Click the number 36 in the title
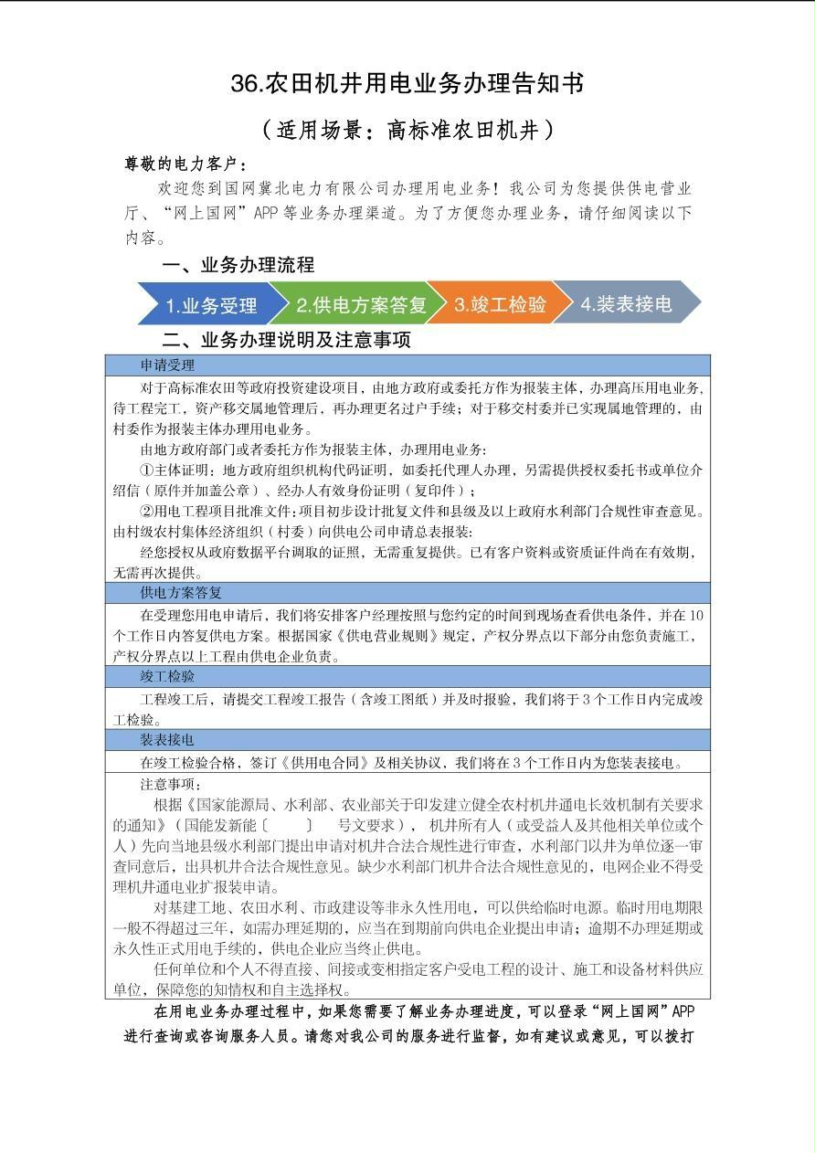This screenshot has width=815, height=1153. (246, 84)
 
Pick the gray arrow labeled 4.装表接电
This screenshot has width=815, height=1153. (626, 304)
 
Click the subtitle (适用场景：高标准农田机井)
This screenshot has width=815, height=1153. (407, 131)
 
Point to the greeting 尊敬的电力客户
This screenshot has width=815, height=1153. (185, 164)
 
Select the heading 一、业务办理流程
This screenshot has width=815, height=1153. (238, 265)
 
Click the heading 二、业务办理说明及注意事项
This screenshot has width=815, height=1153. (286, 341)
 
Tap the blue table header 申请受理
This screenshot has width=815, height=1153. (167, 365)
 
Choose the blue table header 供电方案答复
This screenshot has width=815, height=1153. (181, 593)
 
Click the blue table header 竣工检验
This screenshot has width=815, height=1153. (167, 676)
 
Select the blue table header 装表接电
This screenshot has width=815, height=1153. (167, 739)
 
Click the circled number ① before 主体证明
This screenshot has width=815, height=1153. (147, 471)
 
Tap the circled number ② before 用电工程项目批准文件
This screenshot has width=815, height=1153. (147, 512)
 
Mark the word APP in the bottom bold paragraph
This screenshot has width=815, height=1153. (684, 1012)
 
